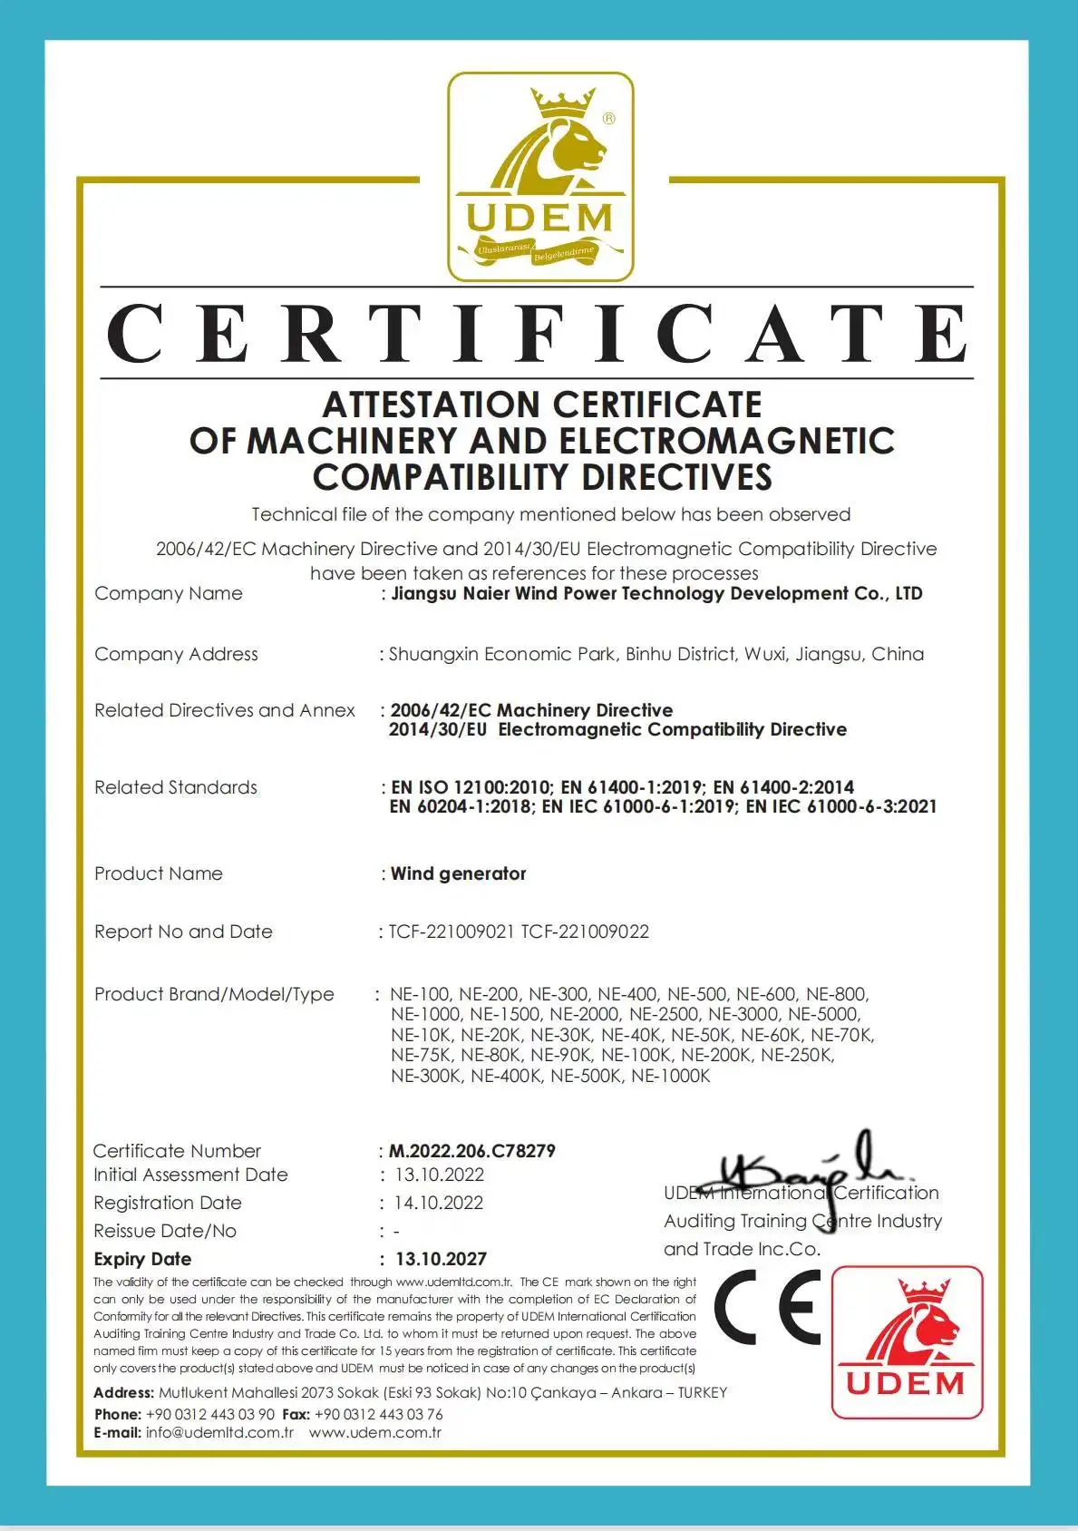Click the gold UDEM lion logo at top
point(540,177)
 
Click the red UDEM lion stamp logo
point(907,1341)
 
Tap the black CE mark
point(767,1308)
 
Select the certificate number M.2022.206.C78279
point(471,1151)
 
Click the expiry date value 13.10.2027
point(441,1259)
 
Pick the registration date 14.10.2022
point(439,1203)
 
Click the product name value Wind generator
point(458,873)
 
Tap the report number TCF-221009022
point(585,931)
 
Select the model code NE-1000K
point(671,1076)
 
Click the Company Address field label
point(176,654)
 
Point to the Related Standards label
point(176,787)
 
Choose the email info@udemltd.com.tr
point(219,1433)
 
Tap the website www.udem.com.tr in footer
point(374,1433)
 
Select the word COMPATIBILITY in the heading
point(440,477)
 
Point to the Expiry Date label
point(142,1259)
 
